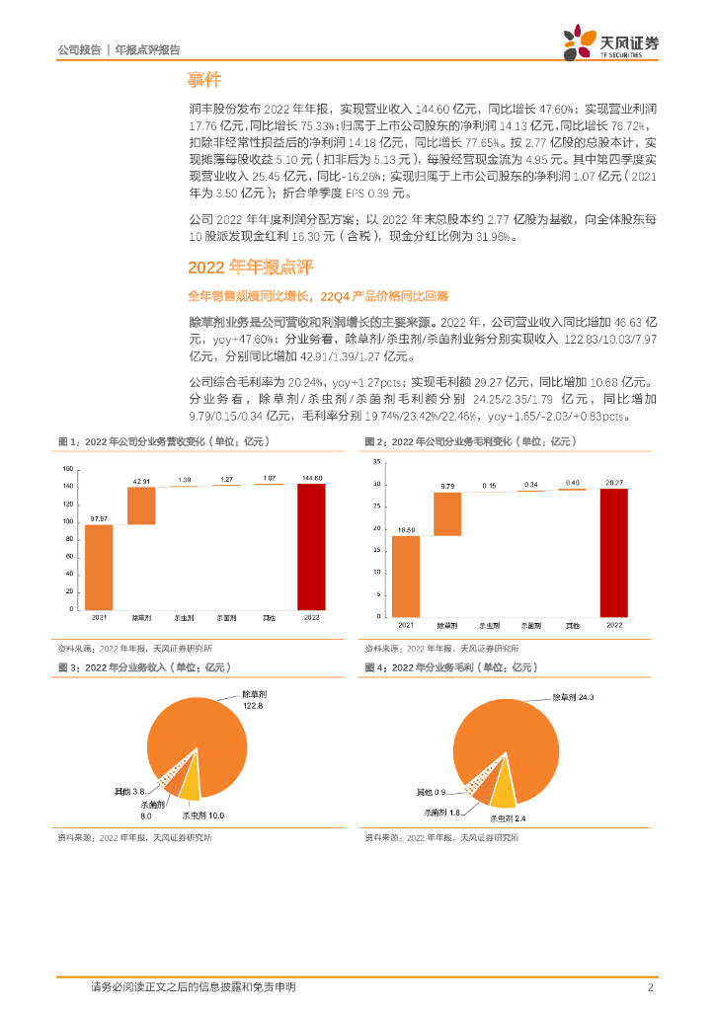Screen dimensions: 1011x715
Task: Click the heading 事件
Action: [204, 80]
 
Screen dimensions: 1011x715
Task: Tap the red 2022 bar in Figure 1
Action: [310, 546]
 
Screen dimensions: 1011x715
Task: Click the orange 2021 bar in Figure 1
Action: [98, 567]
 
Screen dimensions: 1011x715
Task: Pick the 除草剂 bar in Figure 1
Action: [141, 506]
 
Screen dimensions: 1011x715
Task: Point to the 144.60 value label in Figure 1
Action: [310, 478]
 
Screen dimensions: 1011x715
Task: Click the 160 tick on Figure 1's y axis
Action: [68, 468]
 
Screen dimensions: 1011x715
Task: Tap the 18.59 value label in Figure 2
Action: [406, 530]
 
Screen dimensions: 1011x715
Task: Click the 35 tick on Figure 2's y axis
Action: [377, 462]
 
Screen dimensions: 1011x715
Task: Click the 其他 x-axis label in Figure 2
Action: [572, 625]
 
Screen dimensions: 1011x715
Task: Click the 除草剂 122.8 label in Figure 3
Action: [255, 700]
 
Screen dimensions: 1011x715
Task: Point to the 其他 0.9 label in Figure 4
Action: [431, 793]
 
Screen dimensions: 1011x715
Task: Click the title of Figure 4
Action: [449, 668]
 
